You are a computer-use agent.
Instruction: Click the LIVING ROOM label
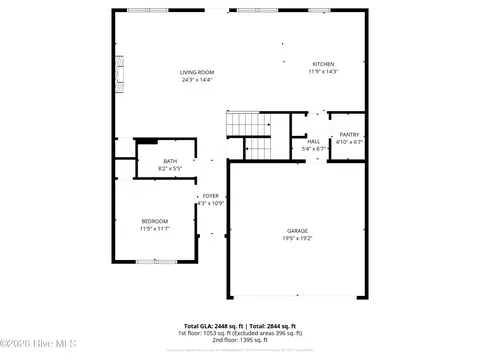point(197,73)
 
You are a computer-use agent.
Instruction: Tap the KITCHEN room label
point(323,64)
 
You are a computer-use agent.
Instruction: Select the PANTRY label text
point(349,134)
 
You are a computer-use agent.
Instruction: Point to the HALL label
point(313,142)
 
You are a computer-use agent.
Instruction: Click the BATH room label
point(170,161)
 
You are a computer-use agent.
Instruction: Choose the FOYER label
point(210,195)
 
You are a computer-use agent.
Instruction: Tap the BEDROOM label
point(154,221)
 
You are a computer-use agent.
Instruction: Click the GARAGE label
point(297,231)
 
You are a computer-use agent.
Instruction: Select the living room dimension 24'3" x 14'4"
point(197,81)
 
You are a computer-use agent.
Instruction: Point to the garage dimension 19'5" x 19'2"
point(297,239)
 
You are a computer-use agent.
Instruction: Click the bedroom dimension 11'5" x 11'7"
point(154,229)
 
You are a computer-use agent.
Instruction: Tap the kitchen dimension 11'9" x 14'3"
point(323,72)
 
